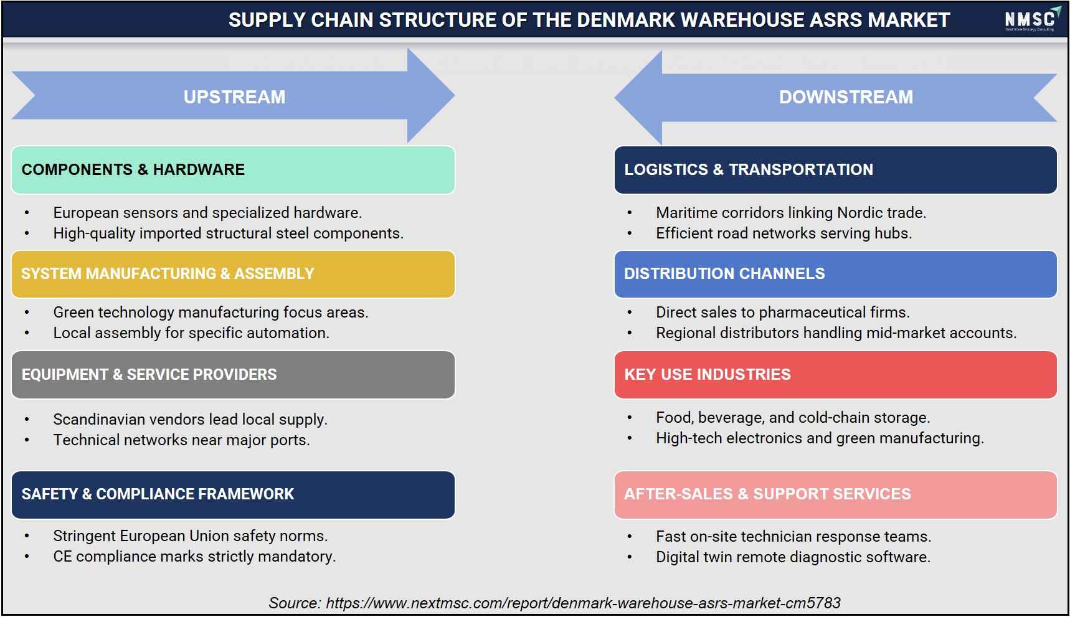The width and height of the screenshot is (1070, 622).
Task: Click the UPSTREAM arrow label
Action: click(234, 97)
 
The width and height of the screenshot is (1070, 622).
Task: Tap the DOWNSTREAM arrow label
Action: click(846, 97)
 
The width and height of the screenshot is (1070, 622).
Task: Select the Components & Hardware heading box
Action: click(233, 170)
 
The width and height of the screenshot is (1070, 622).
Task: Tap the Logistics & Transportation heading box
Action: click(836, 170)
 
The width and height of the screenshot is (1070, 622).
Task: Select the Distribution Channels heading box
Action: click(836, 274)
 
